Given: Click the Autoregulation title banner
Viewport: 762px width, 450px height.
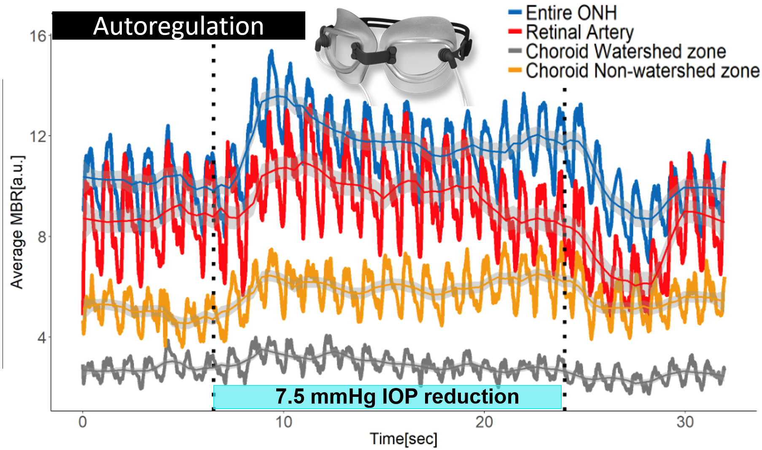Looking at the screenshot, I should click(178, 26).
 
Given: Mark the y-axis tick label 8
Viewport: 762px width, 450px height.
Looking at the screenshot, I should click(41, 237).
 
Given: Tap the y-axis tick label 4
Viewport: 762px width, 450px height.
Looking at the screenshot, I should click(41, 337).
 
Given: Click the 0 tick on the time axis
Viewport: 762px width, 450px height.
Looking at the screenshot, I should click(83, 421).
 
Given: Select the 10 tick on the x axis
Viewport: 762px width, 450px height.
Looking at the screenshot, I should click(283, 421).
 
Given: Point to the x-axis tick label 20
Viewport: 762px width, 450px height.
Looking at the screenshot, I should click(484, 421).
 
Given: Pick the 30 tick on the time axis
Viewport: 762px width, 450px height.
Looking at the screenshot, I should click(685, 421).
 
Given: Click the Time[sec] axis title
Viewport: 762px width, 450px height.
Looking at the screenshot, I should click(404, 439).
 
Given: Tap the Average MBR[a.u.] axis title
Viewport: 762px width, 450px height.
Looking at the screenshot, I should click(17, 222).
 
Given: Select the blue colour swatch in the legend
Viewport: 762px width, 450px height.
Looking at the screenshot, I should click(515, 13).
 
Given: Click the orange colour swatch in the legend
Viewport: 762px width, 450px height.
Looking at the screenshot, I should click(515, 70).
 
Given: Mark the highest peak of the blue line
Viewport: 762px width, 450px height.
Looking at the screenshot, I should click(272, 51).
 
